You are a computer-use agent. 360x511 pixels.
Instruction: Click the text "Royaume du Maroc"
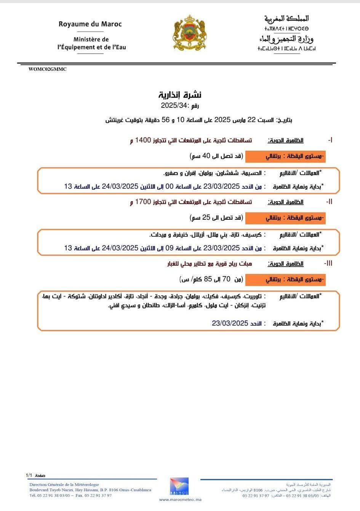coord(90,24)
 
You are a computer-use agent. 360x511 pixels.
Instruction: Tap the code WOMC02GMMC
coord(47,69)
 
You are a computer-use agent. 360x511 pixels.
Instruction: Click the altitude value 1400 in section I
coord(143,140)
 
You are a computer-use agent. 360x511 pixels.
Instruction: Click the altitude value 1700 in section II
coord(143,202)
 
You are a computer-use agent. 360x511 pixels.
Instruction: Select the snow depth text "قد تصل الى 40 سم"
coord(216,155)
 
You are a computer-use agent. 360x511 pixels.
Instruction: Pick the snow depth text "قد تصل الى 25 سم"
coord(216,217)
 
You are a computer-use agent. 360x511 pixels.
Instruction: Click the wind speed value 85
coord(208,279)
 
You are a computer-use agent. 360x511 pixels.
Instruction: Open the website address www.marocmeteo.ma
coord(180,500)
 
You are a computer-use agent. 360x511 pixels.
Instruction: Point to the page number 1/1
coord(29,476)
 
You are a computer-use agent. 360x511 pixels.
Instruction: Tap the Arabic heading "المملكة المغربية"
coord(286,19)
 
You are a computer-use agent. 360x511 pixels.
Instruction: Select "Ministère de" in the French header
coord(91,39)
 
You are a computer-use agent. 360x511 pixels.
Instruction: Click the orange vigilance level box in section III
coord(285,279)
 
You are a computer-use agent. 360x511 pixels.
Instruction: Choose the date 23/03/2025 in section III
coord(230,323)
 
